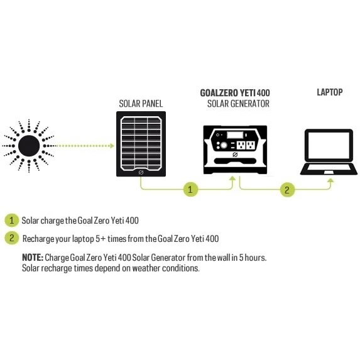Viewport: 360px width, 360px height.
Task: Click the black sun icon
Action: pos(29,146)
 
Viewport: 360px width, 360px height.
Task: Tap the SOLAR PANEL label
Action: pos(141,104)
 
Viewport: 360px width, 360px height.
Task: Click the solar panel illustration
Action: pos(141,144)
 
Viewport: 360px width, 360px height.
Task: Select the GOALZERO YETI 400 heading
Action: pos(235,93)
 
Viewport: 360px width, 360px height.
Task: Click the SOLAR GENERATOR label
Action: pos(238,104)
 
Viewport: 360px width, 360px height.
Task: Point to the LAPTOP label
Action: pos(330,92)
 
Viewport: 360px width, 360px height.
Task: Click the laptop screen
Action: pos(329,145)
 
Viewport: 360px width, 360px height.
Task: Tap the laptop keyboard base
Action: pos(329,169)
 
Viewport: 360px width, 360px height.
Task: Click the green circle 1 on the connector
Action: pos(190,189)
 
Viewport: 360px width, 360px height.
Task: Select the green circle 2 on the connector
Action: pos(287,190)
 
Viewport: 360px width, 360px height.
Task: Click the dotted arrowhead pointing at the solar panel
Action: pos(112,146)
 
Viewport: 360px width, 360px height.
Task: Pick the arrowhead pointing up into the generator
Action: pos(232,178)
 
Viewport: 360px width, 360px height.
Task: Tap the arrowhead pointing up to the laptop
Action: pos(330,180)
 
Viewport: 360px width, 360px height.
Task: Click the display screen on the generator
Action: pos(235,135)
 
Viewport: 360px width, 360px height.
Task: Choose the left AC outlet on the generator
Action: pos(241,145)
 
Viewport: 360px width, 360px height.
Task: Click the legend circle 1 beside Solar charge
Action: pos(11,221)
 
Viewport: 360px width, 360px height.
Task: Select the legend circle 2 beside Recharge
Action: pos(11,238)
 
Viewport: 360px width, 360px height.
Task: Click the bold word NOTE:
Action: pos(33,258)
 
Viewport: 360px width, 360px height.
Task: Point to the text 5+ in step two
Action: pos(101,239)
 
